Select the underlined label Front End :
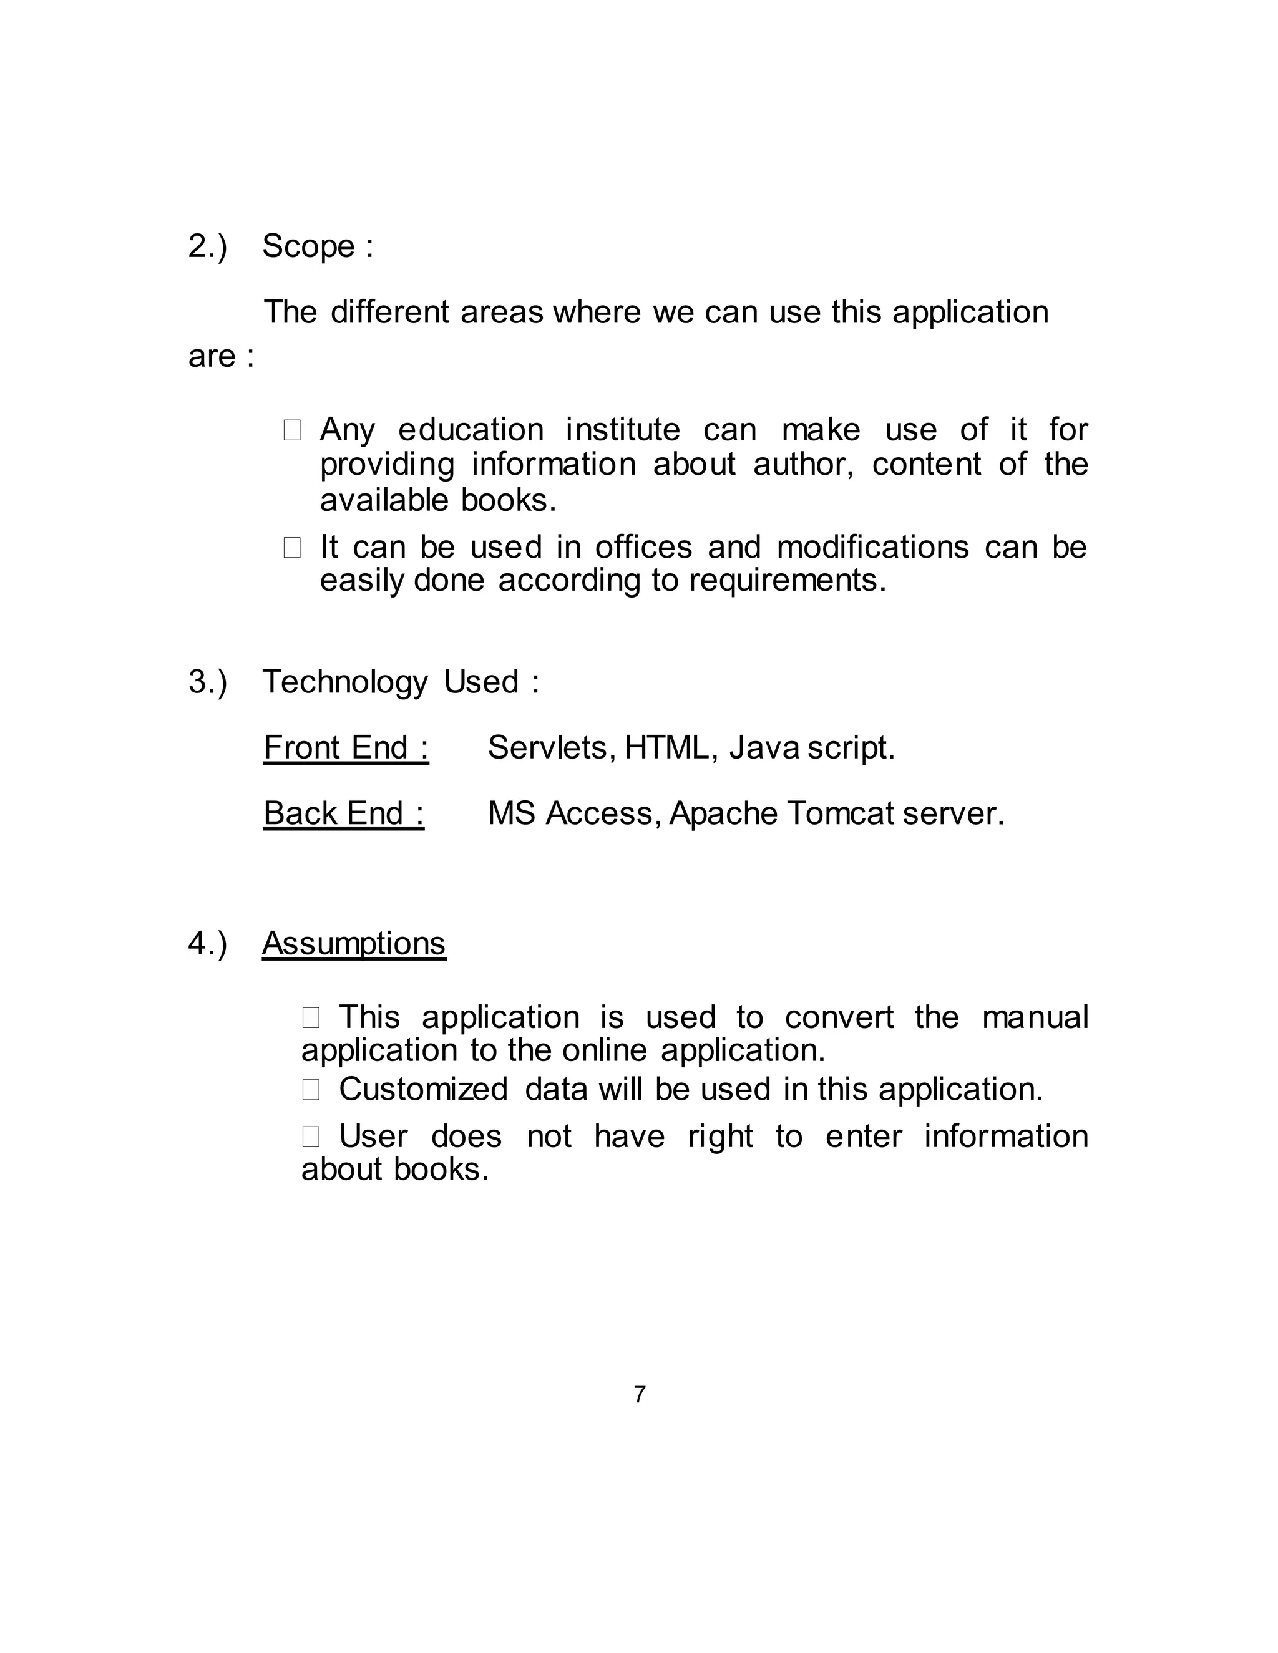[346, 748]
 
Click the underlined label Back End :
[344, 813]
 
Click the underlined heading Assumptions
[354, 944]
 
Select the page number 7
[640, 1394]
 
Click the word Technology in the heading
[344, 682]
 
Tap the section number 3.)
[207, 682]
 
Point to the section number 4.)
[207, 944]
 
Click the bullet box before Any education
[292, 430]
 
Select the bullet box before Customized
[310, 1090]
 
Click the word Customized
[423, 1090]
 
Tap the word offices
[643, 547]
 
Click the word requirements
[787, 581]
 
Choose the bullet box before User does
[310, 1137]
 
